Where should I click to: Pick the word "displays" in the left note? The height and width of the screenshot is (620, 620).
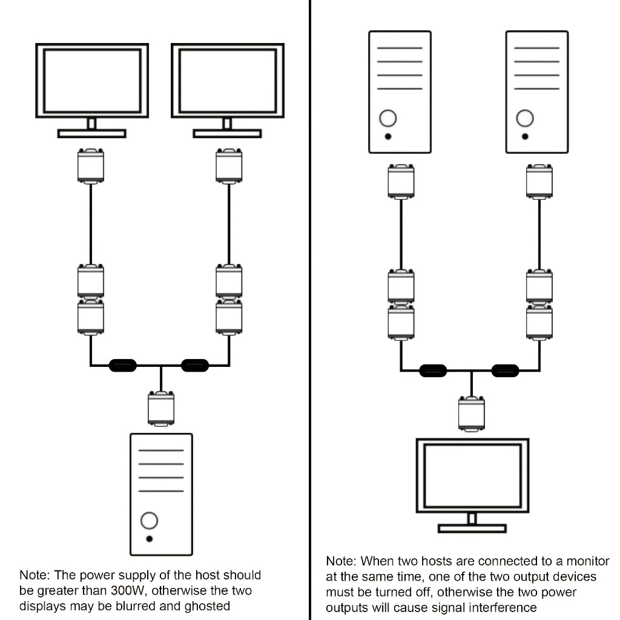(x=43, y=605)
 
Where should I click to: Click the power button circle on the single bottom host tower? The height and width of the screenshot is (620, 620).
(x=149, y=519)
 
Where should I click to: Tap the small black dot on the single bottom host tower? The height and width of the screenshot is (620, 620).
(x=149, y=538)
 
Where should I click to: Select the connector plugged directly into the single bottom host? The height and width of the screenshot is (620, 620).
(x=161, y=408)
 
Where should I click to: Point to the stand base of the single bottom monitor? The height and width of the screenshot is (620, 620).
(x=472, y=529)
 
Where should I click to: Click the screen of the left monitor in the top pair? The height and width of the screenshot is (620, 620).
(x=92, y=81)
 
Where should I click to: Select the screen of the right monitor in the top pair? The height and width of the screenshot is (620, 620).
(x=228, y=81)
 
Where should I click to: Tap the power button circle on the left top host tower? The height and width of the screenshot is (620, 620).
(x=388, y=117)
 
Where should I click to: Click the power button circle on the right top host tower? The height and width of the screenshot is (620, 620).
(x=525, y=117)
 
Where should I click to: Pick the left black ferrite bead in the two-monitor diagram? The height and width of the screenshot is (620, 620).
(x=122, y=365)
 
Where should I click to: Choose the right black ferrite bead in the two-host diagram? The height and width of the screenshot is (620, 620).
(x=506, y=370)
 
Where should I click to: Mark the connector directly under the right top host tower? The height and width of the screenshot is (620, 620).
(x=539, y=180)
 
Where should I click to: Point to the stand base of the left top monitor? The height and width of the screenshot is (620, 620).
(x=91, y=133)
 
